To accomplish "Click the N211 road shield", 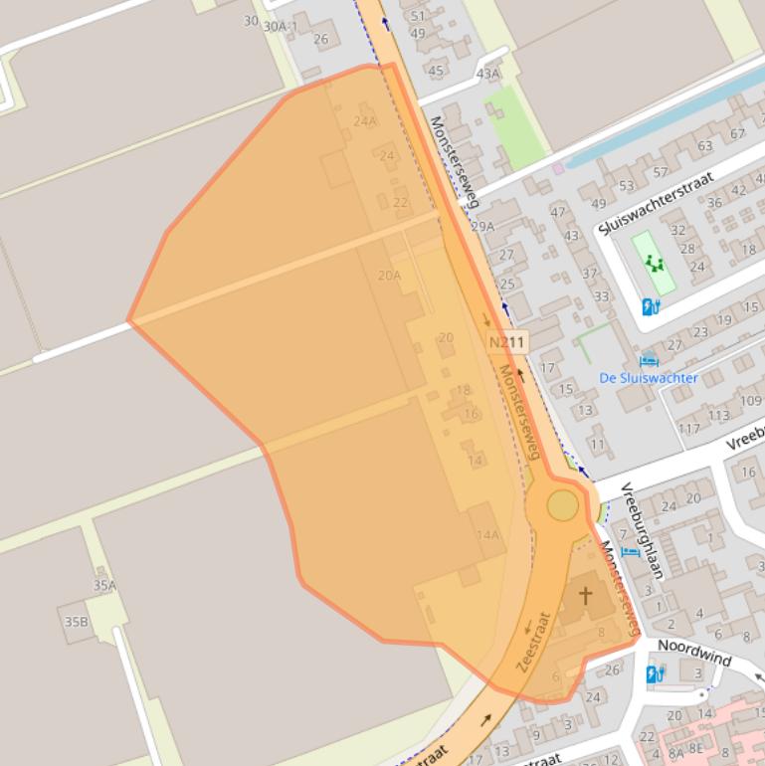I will point(507,342).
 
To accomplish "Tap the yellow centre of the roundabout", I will point(562,506).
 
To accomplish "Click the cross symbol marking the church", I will point(586,596).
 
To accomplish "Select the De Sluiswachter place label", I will point(648,378).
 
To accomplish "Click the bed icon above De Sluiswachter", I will point(649,360).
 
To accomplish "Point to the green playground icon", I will point(654,263).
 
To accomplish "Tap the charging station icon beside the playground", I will point(652,306).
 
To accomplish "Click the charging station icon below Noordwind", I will point(655,674).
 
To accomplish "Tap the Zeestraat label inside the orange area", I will point(533,642).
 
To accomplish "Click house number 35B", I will point(76,622).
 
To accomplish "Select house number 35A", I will point(104,586).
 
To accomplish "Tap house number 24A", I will point(365,121).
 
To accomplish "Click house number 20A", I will point(389,276).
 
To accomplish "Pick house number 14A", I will point(487,534).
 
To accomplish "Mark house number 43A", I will point(487,74).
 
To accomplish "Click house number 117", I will point(688,429).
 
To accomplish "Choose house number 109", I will point(750,401).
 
